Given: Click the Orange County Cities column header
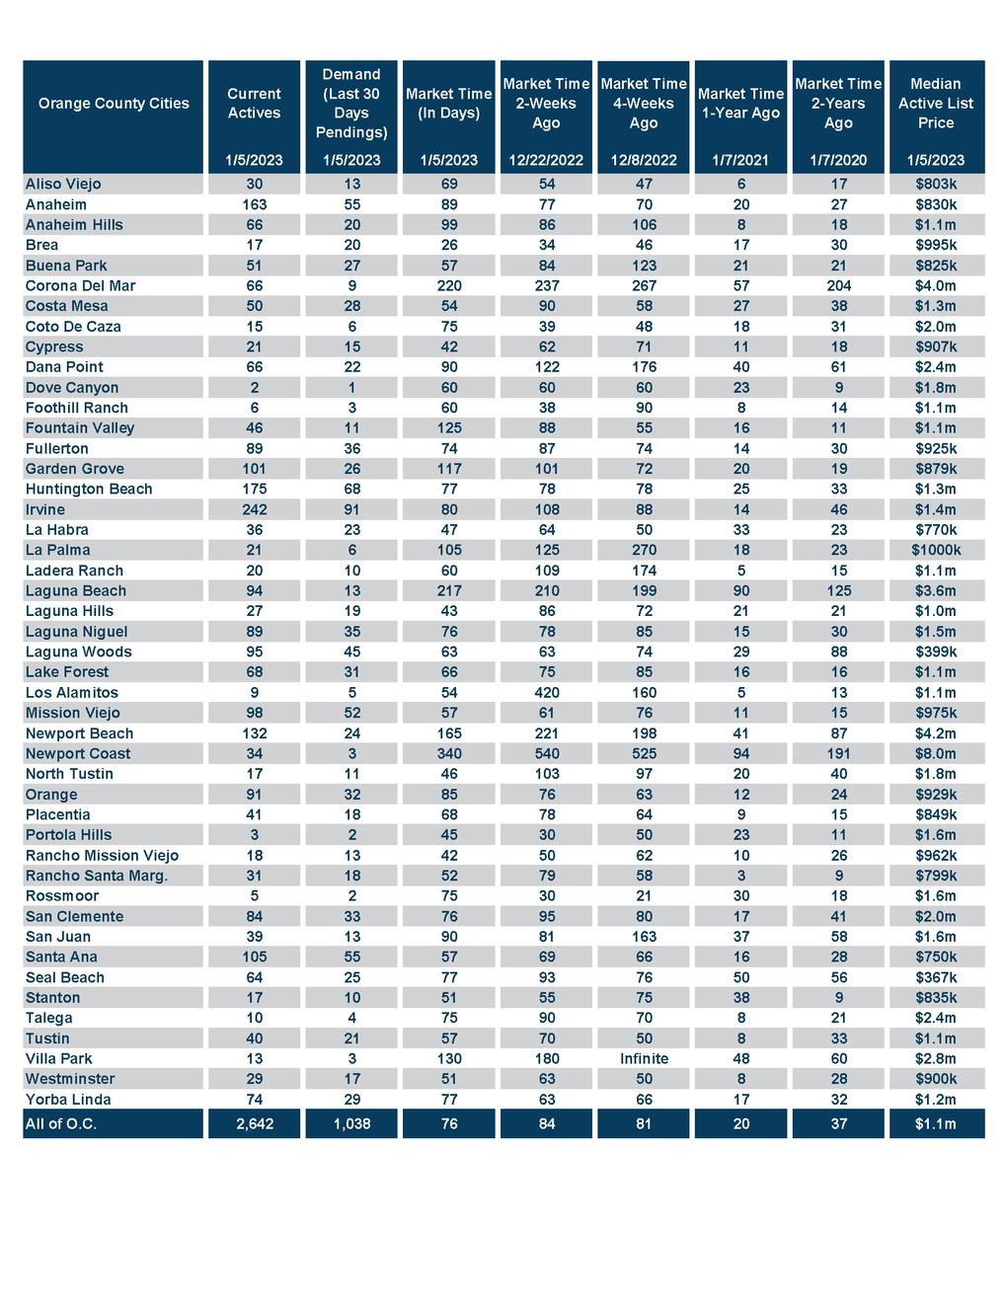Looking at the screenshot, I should coord(114,104).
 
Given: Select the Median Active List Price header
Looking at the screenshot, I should coord(936,104).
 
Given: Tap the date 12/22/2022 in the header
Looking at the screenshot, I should coord(546,160).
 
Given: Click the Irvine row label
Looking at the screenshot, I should coord(45,509).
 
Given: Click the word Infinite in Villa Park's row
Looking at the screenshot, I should coord(644,1058).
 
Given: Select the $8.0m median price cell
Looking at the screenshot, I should coord(936,753).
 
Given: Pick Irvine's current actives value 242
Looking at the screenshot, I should coord(254,509).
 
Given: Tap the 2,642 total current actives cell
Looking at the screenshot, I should coord(254,1123).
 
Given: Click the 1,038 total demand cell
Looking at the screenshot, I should coord(351,1123).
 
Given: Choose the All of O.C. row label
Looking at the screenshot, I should coord(61,1123).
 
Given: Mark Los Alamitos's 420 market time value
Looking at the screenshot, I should coord(546,692).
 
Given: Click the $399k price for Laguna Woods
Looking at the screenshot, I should coord(936,651).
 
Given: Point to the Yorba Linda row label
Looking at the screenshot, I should coord(68,1099).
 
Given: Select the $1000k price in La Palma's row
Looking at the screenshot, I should coord(936,550).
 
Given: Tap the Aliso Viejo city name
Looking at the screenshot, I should coord(63,184).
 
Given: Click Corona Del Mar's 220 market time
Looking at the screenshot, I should coord(449,285).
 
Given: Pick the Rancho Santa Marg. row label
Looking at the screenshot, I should coord(97,876).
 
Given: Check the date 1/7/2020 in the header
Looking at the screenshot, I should coord(838,160).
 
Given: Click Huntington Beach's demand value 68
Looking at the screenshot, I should coord(351,489).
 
